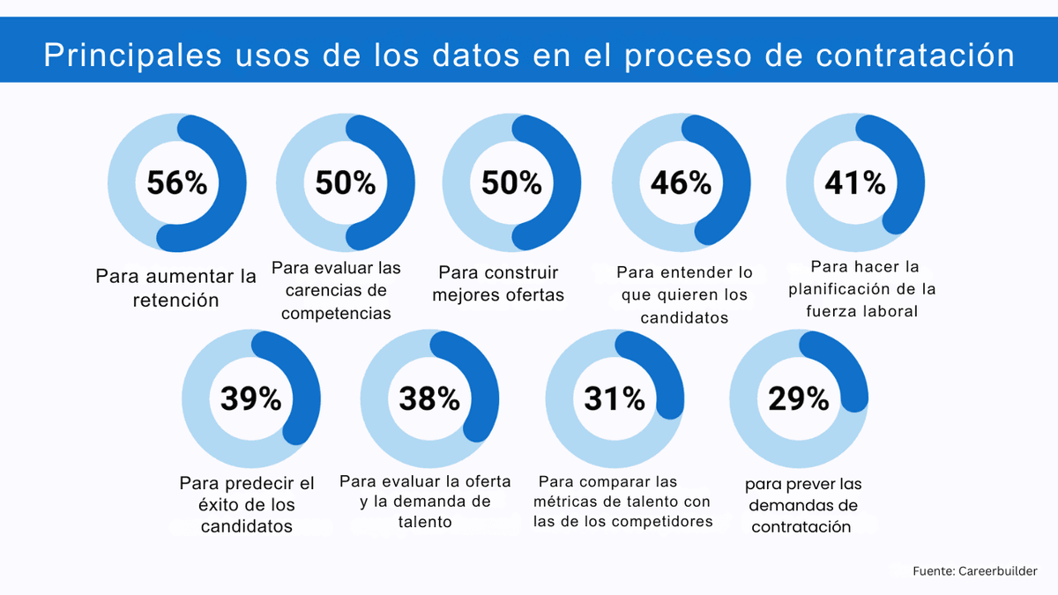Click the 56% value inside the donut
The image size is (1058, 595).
pyautogui.click(x=176, y=183)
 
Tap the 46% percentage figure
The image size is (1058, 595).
pyautogui.click(x=681, y=183)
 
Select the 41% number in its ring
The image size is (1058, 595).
pyautogui.click(x=854, y=182)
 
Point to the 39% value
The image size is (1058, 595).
pyautogui.click(x=250, y=398)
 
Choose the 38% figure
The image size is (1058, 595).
pyautogui.click(x=429, y=398)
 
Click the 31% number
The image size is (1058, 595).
pyautogui.click(x=615, y=398)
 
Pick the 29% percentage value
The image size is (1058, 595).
pyautogui.click(x=799, y=398)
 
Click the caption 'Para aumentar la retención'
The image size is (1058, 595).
pyautogui.click(x=175, y=288)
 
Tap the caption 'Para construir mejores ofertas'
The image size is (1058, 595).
pyautogui.click(x=498, y=284)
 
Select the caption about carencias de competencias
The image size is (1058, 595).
pyautogui.click(x=336, y=290)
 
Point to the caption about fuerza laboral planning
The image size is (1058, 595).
pyautogui.click(x=861, y=288)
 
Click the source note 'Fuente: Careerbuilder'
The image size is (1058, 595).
pyautogui.click(x=975, y=571)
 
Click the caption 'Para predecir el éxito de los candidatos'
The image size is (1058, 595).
pyautogui.click(x=247, y=505)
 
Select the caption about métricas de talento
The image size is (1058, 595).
pyautogui.click(x=622, y=502)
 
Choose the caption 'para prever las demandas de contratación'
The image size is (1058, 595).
pyautogui.click(x=802, y=506)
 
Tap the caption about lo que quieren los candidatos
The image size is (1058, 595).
pyautogui.click(x=684, y=295)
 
